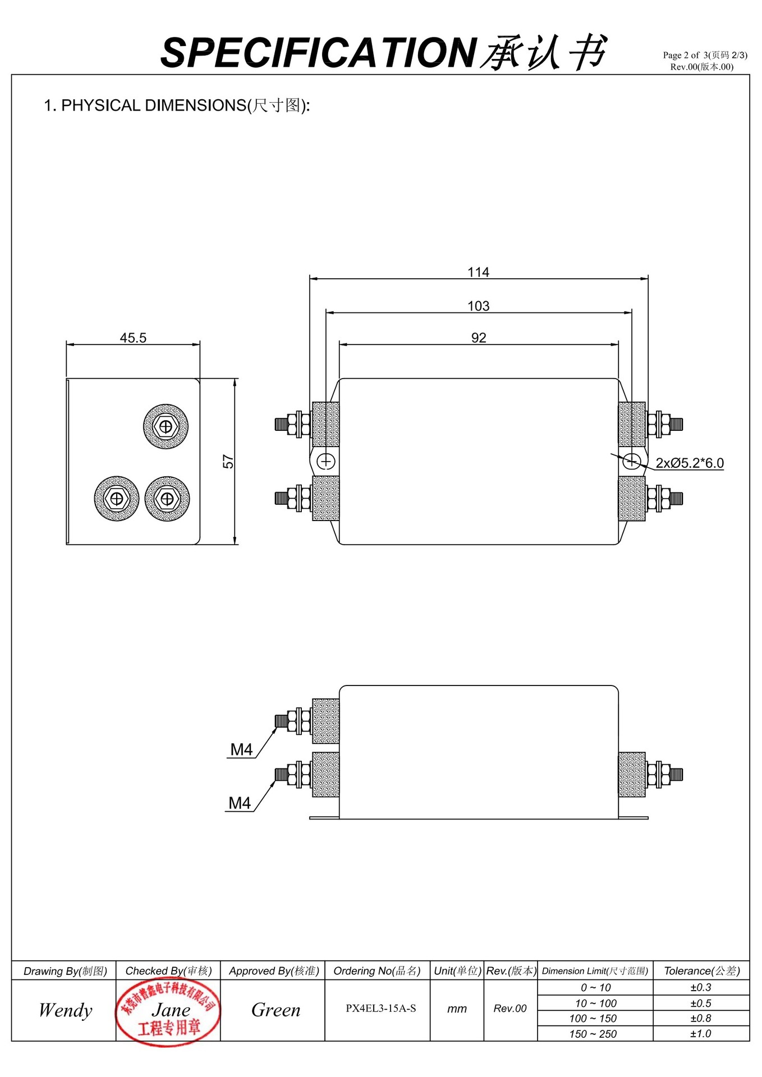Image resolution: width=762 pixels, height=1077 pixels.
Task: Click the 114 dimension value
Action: (x=478, y=272)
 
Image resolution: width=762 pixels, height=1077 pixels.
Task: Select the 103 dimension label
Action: (x=478, y=306)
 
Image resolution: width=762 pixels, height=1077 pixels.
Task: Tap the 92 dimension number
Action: (x=478, y=338)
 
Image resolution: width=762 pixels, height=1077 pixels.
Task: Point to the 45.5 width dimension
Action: (x=133, y=338)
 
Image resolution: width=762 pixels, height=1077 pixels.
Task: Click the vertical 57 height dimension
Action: (x=228, y=461)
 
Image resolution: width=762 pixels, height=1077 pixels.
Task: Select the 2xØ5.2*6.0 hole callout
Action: (x=690, y=463)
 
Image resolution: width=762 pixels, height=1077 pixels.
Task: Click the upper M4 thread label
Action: (x=241, y=749)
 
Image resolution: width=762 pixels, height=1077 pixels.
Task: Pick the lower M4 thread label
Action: (x=240, y=803)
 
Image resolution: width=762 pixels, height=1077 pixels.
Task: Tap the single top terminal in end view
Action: (x=166, y=427)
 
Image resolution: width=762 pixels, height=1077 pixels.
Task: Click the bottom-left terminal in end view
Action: (x=117, y=499)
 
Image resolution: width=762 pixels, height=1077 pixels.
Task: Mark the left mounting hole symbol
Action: (x=326, y=461)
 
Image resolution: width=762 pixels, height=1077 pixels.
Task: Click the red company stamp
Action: (x=167, y=1011)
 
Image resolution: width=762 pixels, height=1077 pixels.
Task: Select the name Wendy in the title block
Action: (x=65, y=1010)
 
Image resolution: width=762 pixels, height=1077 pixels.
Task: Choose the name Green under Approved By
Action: (x=276, y=1010)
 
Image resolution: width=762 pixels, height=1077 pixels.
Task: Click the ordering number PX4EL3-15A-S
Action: (x=380, y=1009)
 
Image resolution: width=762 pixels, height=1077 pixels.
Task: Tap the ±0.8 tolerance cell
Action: (x=700, y=1018)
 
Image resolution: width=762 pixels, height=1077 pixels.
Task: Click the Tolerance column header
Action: (x=701, y=971)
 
